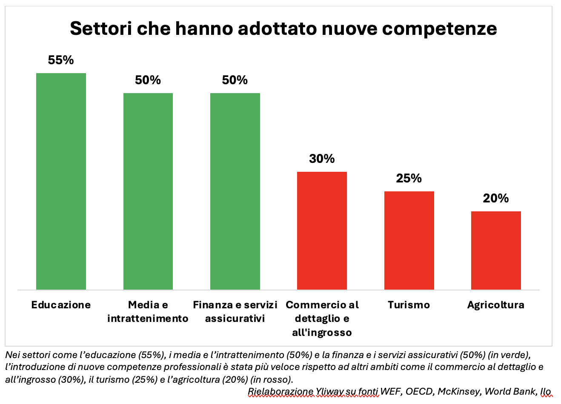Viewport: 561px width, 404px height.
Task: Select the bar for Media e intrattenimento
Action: pyautogui.click(x=148, y=191)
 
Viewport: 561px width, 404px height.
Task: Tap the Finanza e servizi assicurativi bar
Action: pyautogui.click(x=235, y=191)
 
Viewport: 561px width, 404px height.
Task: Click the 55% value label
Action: pyautogui.click(x=61, y=60)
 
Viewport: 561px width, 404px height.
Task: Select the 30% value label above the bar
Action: pyautogui.click(x=322, y=159)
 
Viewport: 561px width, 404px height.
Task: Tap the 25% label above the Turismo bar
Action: pyautogui.click(x=409, y=178)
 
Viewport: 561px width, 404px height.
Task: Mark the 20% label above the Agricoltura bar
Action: pyautogui.click(x=496, y=198)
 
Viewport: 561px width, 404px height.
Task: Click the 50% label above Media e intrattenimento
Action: pyautogui.click(x=148, y=80)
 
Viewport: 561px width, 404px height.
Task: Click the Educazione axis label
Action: pyautogui.click(x=61, y=305)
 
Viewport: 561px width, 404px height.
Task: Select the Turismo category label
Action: pyautogui.click(x=409, y=305)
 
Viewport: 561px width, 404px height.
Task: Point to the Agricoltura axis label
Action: pyautogui.click(x=496, y=305)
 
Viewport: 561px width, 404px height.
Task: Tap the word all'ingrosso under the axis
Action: pyautogui.click(x=322, y=333)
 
